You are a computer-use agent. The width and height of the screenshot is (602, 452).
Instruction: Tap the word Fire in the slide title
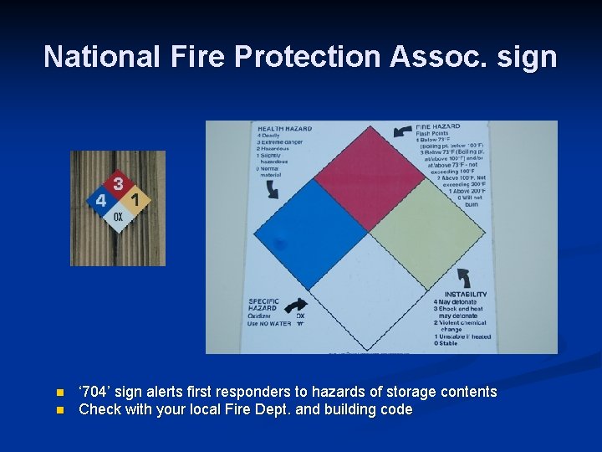[x=200, y=57]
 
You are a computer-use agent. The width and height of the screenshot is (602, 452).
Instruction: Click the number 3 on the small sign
[x=119, y=182]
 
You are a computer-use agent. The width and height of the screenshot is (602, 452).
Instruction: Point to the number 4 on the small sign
[x=100, y=201]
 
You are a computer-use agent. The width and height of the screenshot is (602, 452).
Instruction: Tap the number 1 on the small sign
[x=136, y=201]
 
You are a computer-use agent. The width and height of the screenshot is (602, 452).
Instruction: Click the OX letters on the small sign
[x=119, y=217]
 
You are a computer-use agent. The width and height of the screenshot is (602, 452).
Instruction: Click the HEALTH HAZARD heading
[x=283, y=129]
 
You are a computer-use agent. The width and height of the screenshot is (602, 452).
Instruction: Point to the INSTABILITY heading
[x=466, y=294]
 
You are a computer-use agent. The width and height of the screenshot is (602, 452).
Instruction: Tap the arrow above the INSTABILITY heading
[x=463, y=278]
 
